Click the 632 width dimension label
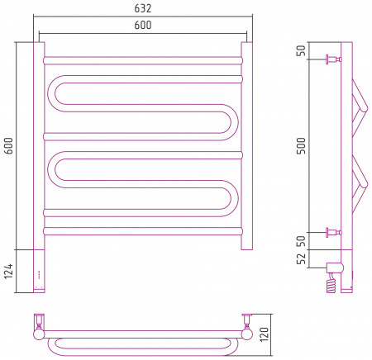(x=143, y=8)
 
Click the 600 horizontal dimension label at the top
(x=143, y=25)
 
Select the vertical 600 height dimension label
(x=8, y=146)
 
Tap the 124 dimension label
(x=8, y=271)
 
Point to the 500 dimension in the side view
(x=301, y=146)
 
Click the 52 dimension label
(x=301, y=258)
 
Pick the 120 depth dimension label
(x=264, y=334)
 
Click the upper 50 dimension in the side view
(x=301, y=50)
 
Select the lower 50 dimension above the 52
(x=301, y=241)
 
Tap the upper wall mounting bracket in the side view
(x=334, y=59)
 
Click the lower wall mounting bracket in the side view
(x=334, y=233)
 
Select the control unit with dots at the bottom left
(x=39, y=271)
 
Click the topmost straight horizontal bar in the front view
(x=143, y=60)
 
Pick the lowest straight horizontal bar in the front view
(x=143, y=231)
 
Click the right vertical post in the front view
(x=247, y=146)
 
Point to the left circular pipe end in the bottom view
(x=39, y=334)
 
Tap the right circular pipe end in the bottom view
(x=247, y=334)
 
